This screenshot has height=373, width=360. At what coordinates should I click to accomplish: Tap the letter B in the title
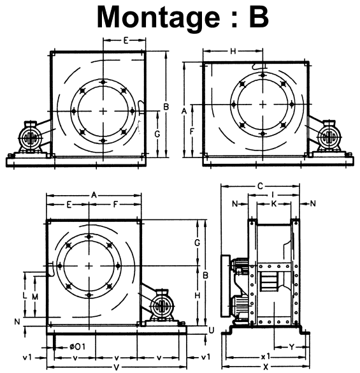tap(258, 17)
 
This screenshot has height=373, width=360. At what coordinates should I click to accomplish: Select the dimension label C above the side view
tap(260, 186)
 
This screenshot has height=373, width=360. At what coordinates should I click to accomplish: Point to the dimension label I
tap(273, 194)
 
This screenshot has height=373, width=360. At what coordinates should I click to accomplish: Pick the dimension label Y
tap(291, 347)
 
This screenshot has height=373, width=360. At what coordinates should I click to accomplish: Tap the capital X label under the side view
tap(266, 367)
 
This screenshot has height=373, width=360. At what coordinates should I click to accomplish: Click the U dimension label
tap(211, 329)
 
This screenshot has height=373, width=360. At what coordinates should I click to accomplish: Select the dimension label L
tap(24, 296)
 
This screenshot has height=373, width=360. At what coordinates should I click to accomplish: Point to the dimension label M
tap(35, 296)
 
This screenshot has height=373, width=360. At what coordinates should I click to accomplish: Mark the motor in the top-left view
tap(29, 138)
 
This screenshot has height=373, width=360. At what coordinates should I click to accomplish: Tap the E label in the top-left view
tap(126, 40)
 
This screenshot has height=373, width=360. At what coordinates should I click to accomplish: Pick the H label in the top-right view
tap(233, 51)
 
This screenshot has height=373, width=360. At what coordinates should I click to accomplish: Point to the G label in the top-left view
tap(157, 135)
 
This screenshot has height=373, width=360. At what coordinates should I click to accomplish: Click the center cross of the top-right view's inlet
tap(263, 104)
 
